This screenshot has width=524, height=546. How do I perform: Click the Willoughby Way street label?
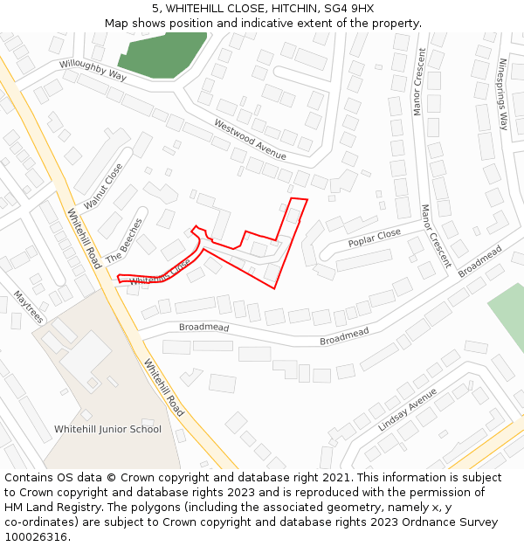click(x=93, y=70)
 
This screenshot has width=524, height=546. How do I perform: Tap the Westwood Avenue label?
click(x=250, y=140)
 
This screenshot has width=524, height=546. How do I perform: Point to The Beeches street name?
click(x=123, y=241)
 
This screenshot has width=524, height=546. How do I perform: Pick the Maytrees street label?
click(x=28, y=308)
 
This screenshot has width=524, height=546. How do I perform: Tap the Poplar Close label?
click(x=374, y=238)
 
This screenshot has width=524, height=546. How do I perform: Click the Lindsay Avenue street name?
click(x=407, y=409)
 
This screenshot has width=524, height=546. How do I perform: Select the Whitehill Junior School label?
click(x=107, y=429)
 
